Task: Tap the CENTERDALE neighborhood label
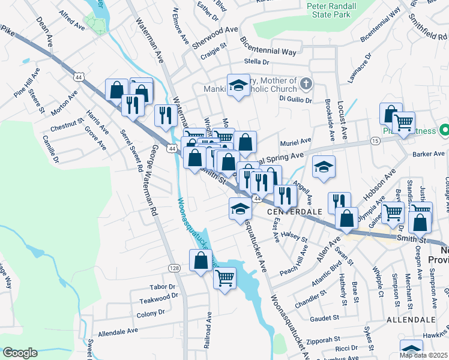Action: (291, 212)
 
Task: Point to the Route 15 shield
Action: (375, 140)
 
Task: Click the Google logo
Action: (20, 353)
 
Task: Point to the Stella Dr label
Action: (256, 62)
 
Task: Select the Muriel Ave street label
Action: (296, 142)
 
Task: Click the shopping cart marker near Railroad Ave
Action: (224, 278)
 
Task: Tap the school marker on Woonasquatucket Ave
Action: (240, 209)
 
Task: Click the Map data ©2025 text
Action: (424, 355)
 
